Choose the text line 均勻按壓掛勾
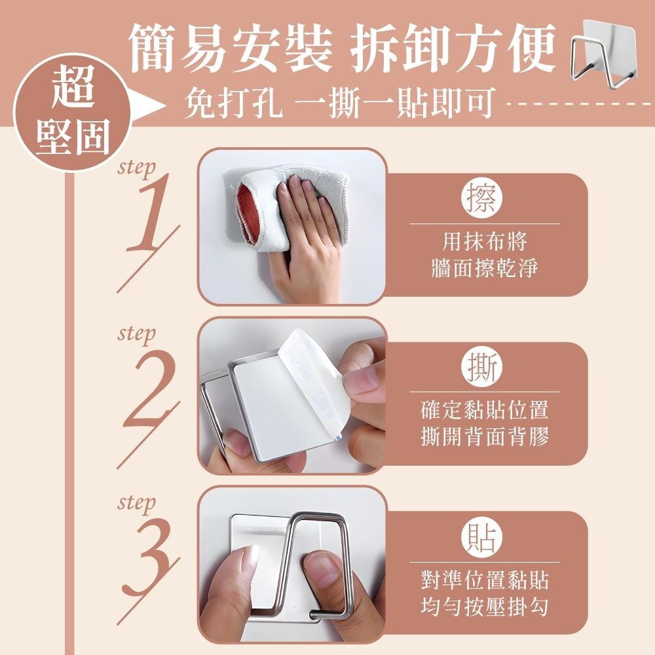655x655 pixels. (484, 606)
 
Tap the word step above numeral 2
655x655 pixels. (136, 335)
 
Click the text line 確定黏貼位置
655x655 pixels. (484, 411)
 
